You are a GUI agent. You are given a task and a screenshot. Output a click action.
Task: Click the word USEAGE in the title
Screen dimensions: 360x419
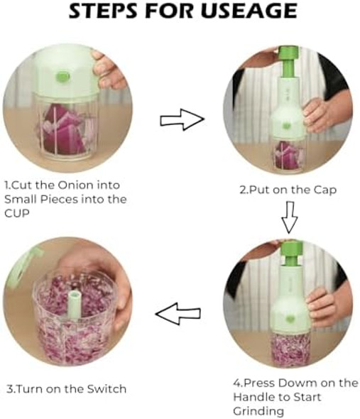(249, 11)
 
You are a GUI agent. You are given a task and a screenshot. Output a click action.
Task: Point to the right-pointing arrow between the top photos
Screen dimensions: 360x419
(182, 120)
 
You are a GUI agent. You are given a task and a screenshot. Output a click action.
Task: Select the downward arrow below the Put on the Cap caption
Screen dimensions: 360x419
(290, 217)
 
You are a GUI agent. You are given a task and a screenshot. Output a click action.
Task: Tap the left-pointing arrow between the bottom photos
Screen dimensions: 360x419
(178, 313)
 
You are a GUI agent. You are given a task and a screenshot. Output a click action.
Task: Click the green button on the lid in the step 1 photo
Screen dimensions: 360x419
(62, 77)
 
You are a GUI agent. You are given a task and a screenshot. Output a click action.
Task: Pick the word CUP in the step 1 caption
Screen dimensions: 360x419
(16, 213)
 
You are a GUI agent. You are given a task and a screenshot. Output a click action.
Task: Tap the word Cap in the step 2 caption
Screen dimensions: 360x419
(324, 190)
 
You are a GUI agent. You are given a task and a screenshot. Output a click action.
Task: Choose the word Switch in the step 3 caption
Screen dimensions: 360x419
(107, 388)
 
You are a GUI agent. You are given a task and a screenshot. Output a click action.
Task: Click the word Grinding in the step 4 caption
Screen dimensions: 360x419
(258, 411)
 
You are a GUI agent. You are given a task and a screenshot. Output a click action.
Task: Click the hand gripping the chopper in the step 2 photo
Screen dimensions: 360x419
(315, 116)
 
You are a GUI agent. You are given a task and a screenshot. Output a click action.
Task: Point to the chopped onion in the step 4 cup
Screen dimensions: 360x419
(290, 349)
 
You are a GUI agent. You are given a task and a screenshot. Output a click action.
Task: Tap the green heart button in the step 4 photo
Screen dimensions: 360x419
(290, 319)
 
